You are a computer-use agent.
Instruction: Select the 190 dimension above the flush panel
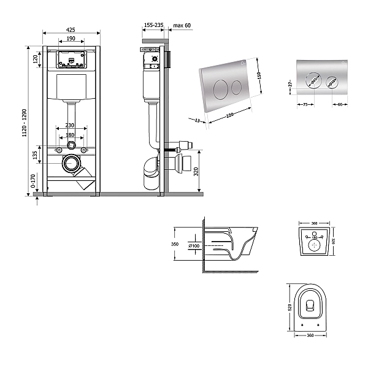pyautogui.click(x=71, y=38)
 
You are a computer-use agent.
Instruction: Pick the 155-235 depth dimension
pyautogui.click(x=153, y=25)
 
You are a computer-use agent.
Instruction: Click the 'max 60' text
pyautogui.click(x=182, y=25)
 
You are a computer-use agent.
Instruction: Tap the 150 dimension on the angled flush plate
pyautogui.click(x=259, y=75)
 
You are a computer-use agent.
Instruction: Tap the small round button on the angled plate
pyautogui.click(x=235, y=87)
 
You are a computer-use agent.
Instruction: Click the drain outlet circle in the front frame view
pyautogui.click(x=72, y=163)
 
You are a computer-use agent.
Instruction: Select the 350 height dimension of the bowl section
pyautogui.click(x=175, y=244)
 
